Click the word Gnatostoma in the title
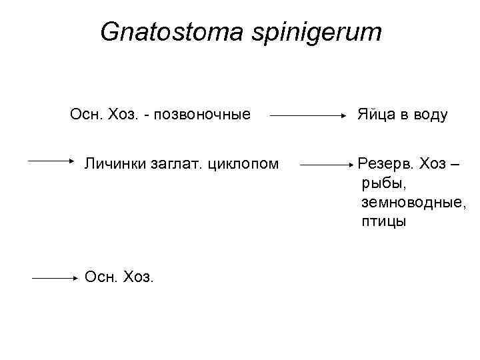(170, 31)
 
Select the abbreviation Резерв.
(384, 163)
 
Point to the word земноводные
(414, 202)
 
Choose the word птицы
(384, 221)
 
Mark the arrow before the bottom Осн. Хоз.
(55, 280)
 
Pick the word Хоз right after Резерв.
(431, 163)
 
